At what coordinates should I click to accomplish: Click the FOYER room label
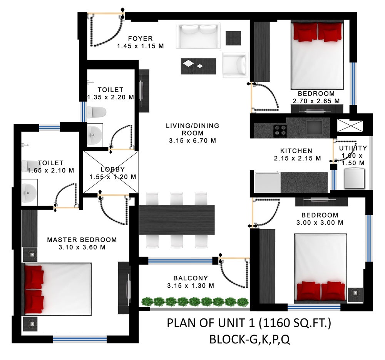pos(141,39)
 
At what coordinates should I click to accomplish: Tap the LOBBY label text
pos(113,169)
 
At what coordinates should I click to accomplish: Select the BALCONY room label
pos(191,278)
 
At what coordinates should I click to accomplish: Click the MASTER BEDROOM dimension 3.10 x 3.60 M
pos(82,247)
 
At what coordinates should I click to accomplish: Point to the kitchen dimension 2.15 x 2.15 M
pos(298,158)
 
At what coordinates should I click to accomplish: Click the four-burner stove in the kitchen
pos(280,131)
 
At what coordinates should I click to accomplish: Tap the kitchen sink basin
pos(314,127)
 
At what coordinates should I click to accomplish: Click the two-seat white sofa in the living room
pos(198,36)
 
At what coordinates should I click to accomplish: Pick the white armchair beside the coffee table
pos(234,65)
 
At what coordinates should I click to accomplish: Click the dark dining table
pos(177,220)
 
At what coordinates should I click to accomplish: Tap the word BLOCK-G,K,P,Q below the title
pos(250,339)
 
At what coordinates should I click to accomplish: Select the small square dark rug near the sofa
pos(233,38)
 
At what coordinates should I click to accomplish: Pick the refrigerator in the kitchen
pos(267,183)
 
